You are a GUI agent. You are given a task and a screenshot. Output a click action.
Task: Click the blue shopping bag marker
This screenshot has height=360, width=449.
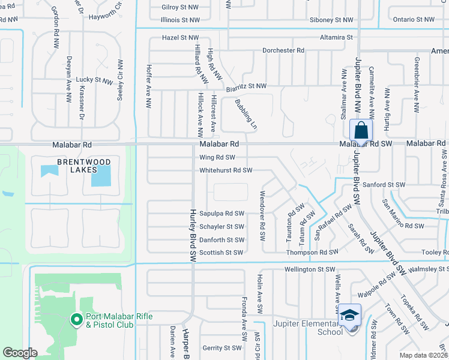pyautogui.click(x=361, y=130)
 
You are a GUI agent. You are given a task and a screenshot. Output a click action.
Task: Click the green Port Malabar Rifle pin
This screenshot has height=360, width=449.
pyautogui.click(x=76, y=320)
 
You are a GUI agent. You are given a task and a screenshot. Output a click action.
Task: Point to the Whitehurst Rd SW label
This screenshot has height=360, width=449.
pyautogui.click(x=226, y=170)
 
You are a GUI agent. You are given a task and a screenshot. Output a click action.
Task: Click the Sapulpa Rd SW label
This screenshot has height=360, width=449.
pyautogui.click(x=222, y=214)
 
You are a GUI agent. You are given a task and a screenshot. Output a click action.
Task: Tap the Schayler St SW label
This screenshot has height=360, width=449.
pyautogui.click(x=221, y=227)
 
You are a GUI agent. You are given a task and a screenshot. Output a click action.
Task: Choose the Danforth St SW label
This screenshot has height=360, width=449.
pyautogui.click(x=221, y=240)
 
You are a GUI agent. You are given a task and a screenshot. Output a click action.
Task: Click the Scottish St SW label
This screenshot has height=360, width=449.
pyautogui.click(x=221, y=253)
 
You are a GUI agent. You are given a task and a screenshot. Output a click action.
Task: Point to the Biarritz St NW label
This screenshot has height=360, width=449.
pyautogui.click(x=246, y=87)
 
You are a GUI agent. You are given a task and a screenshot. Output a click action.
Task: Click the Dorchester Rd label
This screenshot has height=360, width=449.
pyautogui.click(x=283, y=50)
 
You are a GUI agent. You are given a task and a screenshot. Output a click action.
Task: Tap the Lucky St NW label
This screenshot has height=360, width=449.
pyautogui.click(x=94, y=80)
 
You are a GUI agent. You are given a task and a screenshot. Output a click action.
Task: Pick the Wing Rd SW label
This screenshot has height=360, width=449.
pyautogui.click(x=217, y=158)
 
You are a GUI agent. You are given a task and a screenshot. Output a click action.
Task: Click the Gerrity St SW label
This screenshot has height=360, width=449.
pyautogui.click(x=221, y=348)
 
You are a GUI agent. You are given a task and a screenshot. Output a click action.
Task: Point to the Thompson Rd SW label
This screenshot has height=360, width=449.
pyautogui.click(x=316, y=253)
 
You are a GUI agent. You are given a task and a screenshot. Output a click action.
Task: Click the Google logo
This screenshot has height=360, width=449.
pyautogui.click(x=20, y=353)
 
